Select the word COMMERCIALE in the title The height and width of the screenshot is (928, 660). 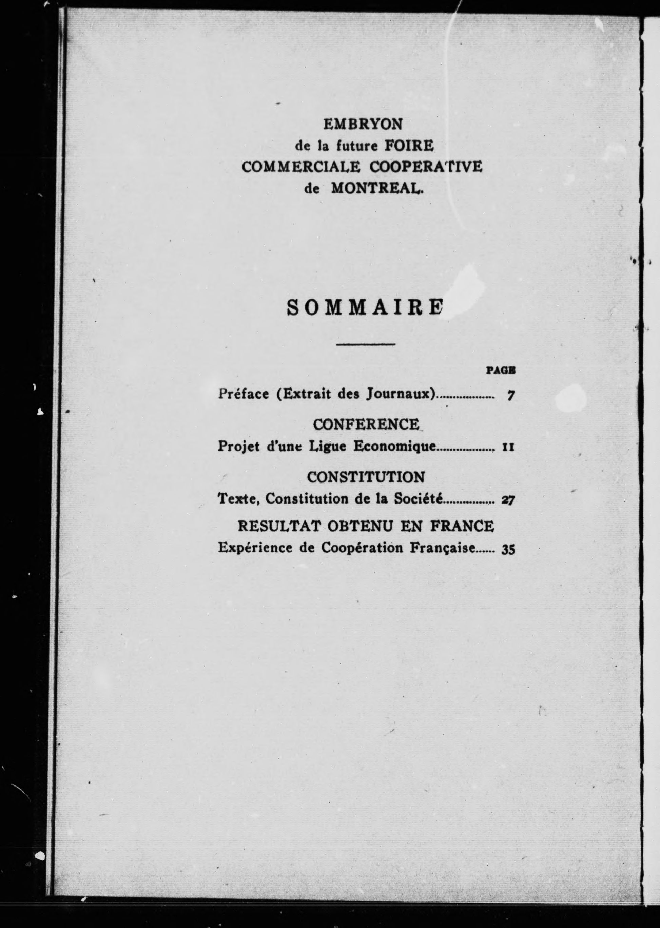click(301, 167)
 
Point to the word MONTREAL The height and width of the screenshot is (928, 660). click(377, 189)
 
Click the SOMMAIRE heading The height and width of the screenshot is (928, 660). click(365, 308)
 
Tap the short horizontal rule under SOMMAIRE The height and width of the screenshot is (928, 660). click(366, 345)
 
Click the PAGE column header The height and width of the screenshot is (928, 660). click(501, 370)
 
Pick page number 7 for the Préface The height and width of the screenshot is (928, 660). click(511, 395)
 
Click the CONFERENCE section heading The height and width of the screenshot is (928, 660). click(366, 424)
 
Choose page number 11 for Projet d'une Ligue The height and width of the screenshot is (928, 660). click(508, 448)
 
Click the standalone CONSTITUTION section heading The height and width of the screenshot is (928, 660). click(366, 477)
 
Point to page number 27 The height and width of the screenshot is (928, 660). click(508, 500)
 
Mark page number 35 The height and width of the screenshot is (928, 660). click(508, 550)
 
